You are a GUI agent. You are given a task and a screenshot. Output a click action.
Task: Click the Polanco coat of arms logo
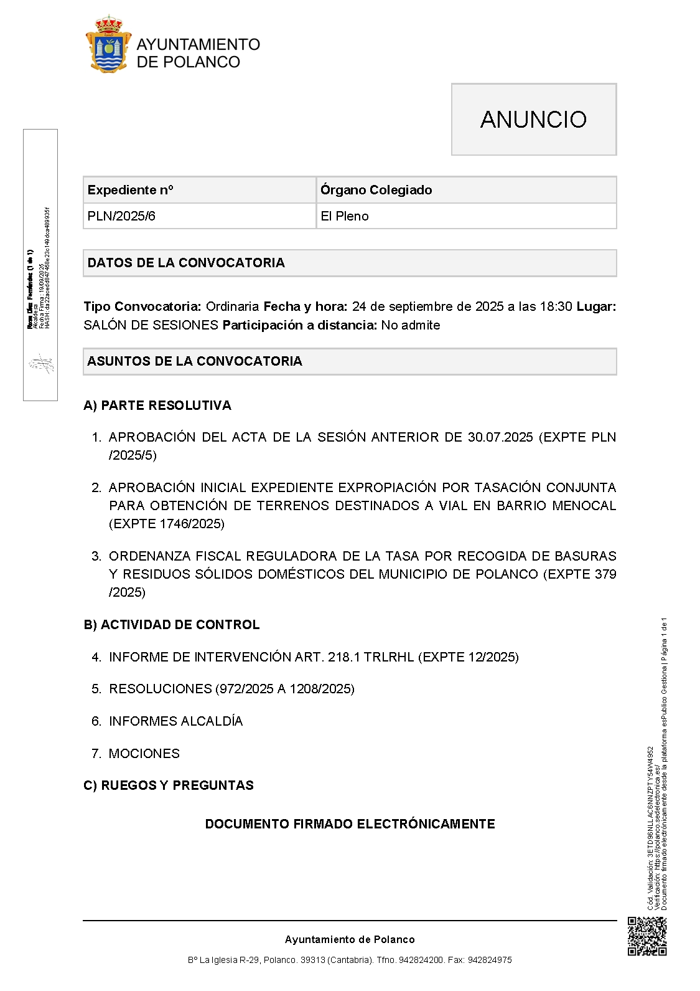tap(108, 45)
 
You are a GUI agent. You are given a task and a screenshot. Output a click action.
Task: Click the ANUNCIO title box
tap(533, 119)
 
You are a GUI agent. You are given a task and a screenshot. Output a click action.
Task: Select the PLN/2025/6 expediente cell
tap(121, 216)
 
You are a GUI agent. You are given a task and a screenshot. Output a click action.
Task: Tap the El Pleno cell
tap(345, 216)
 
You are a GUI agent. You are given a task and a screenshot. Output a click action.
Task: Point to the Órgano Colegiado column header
tap(376, 190)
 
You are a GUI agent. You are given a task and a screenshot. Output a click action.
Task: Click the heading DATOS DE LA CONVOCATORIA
tap(186, 263)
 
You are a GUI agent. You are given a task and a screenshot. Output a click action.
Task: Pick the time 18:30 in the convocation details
tap(556, 306)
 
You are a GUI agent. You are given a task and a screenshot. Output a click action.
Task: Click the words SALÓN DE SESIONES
tap(151, 325)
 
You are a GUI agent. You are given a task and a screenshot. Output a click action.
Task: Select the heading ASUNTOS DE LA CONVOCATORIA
tap(195, 361)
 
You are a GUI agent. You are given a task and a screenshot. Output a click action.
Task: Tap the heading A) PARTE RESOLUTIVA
tap(157, 405)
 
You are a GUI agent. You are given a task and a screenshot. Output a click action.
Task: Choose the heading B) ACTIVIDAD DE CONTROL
tap(172, 625)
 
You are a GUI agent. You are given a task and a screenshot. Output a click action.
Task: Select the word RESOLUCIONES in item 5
tap(161, 689)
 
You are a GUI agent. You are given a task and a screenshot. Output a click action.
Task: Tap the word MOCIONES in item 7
tap(144, 754)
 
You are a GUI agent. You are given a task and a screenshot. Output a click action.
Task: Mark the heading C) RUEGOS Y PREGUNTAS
tap(169, 785)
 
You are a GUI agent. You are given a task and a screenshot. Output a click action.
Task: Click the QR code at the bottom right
tap(646, 936)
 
